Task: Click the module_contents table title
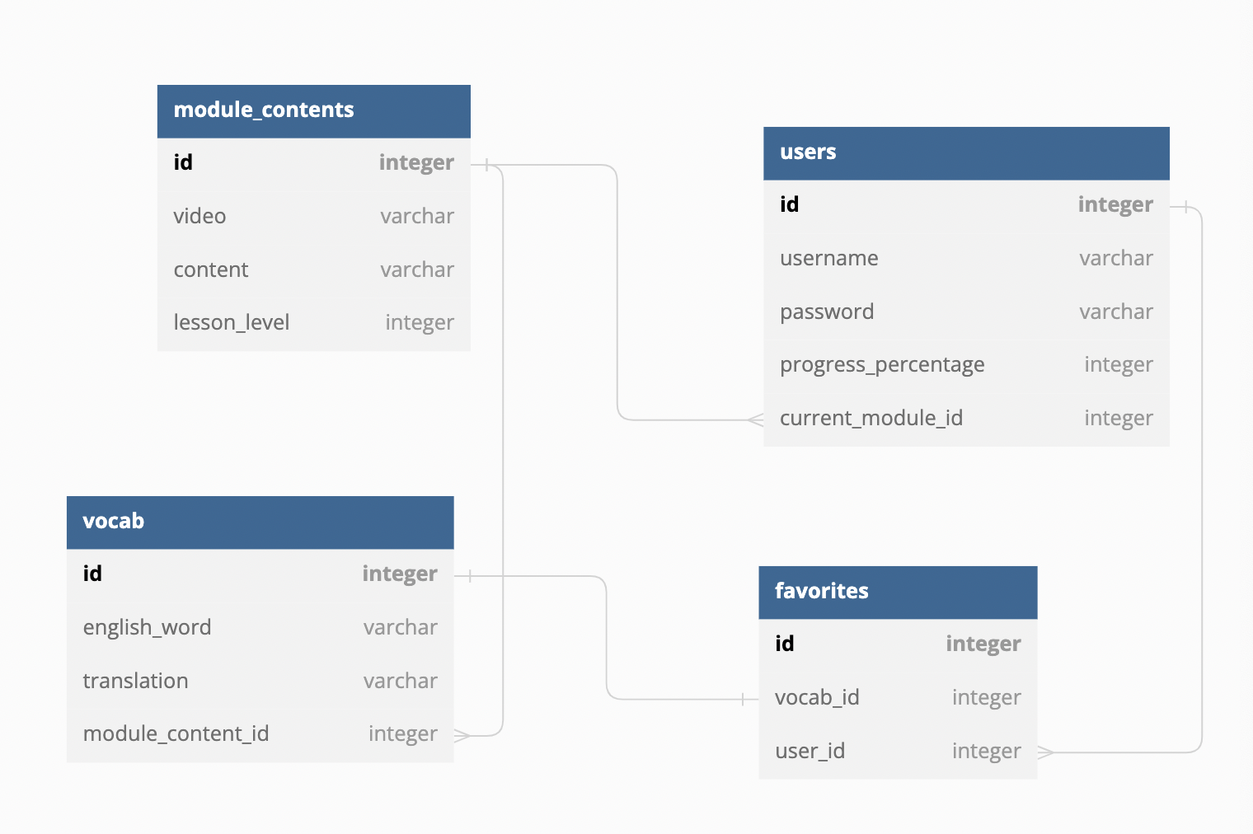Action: click(264, 110)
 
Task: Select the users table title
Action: click(808, 152)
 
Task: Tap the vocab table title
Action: click(114, 521)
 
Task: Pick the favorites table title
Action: click(821, 591)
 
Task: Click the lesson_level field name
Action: click(232, 322)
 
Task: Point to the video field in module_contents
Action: click(199, 216)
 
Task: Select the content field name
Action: click(211, 269)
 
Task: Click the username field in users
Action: click(828, 258)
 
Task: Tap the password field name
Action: click(827, 312)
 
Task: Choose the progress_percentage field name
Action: click(882, 364)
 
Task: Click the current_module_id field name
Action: click(871, 418)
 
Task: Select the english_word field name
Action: click(147, 627)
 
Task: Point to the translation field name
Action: click(135, 681)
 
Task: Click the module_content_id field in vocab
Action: click(176, 733)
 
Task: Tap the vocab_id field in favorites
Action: click(817, 697)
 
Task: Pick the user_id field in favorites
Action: click(810, 751)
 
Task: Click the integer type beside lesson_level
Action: click(420, 322)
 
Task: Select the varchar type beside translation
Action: click(401, 681)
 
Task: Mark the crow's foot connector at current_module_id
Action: click(756, 420)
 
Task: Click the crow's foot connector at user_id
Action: click(1045, 752)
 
